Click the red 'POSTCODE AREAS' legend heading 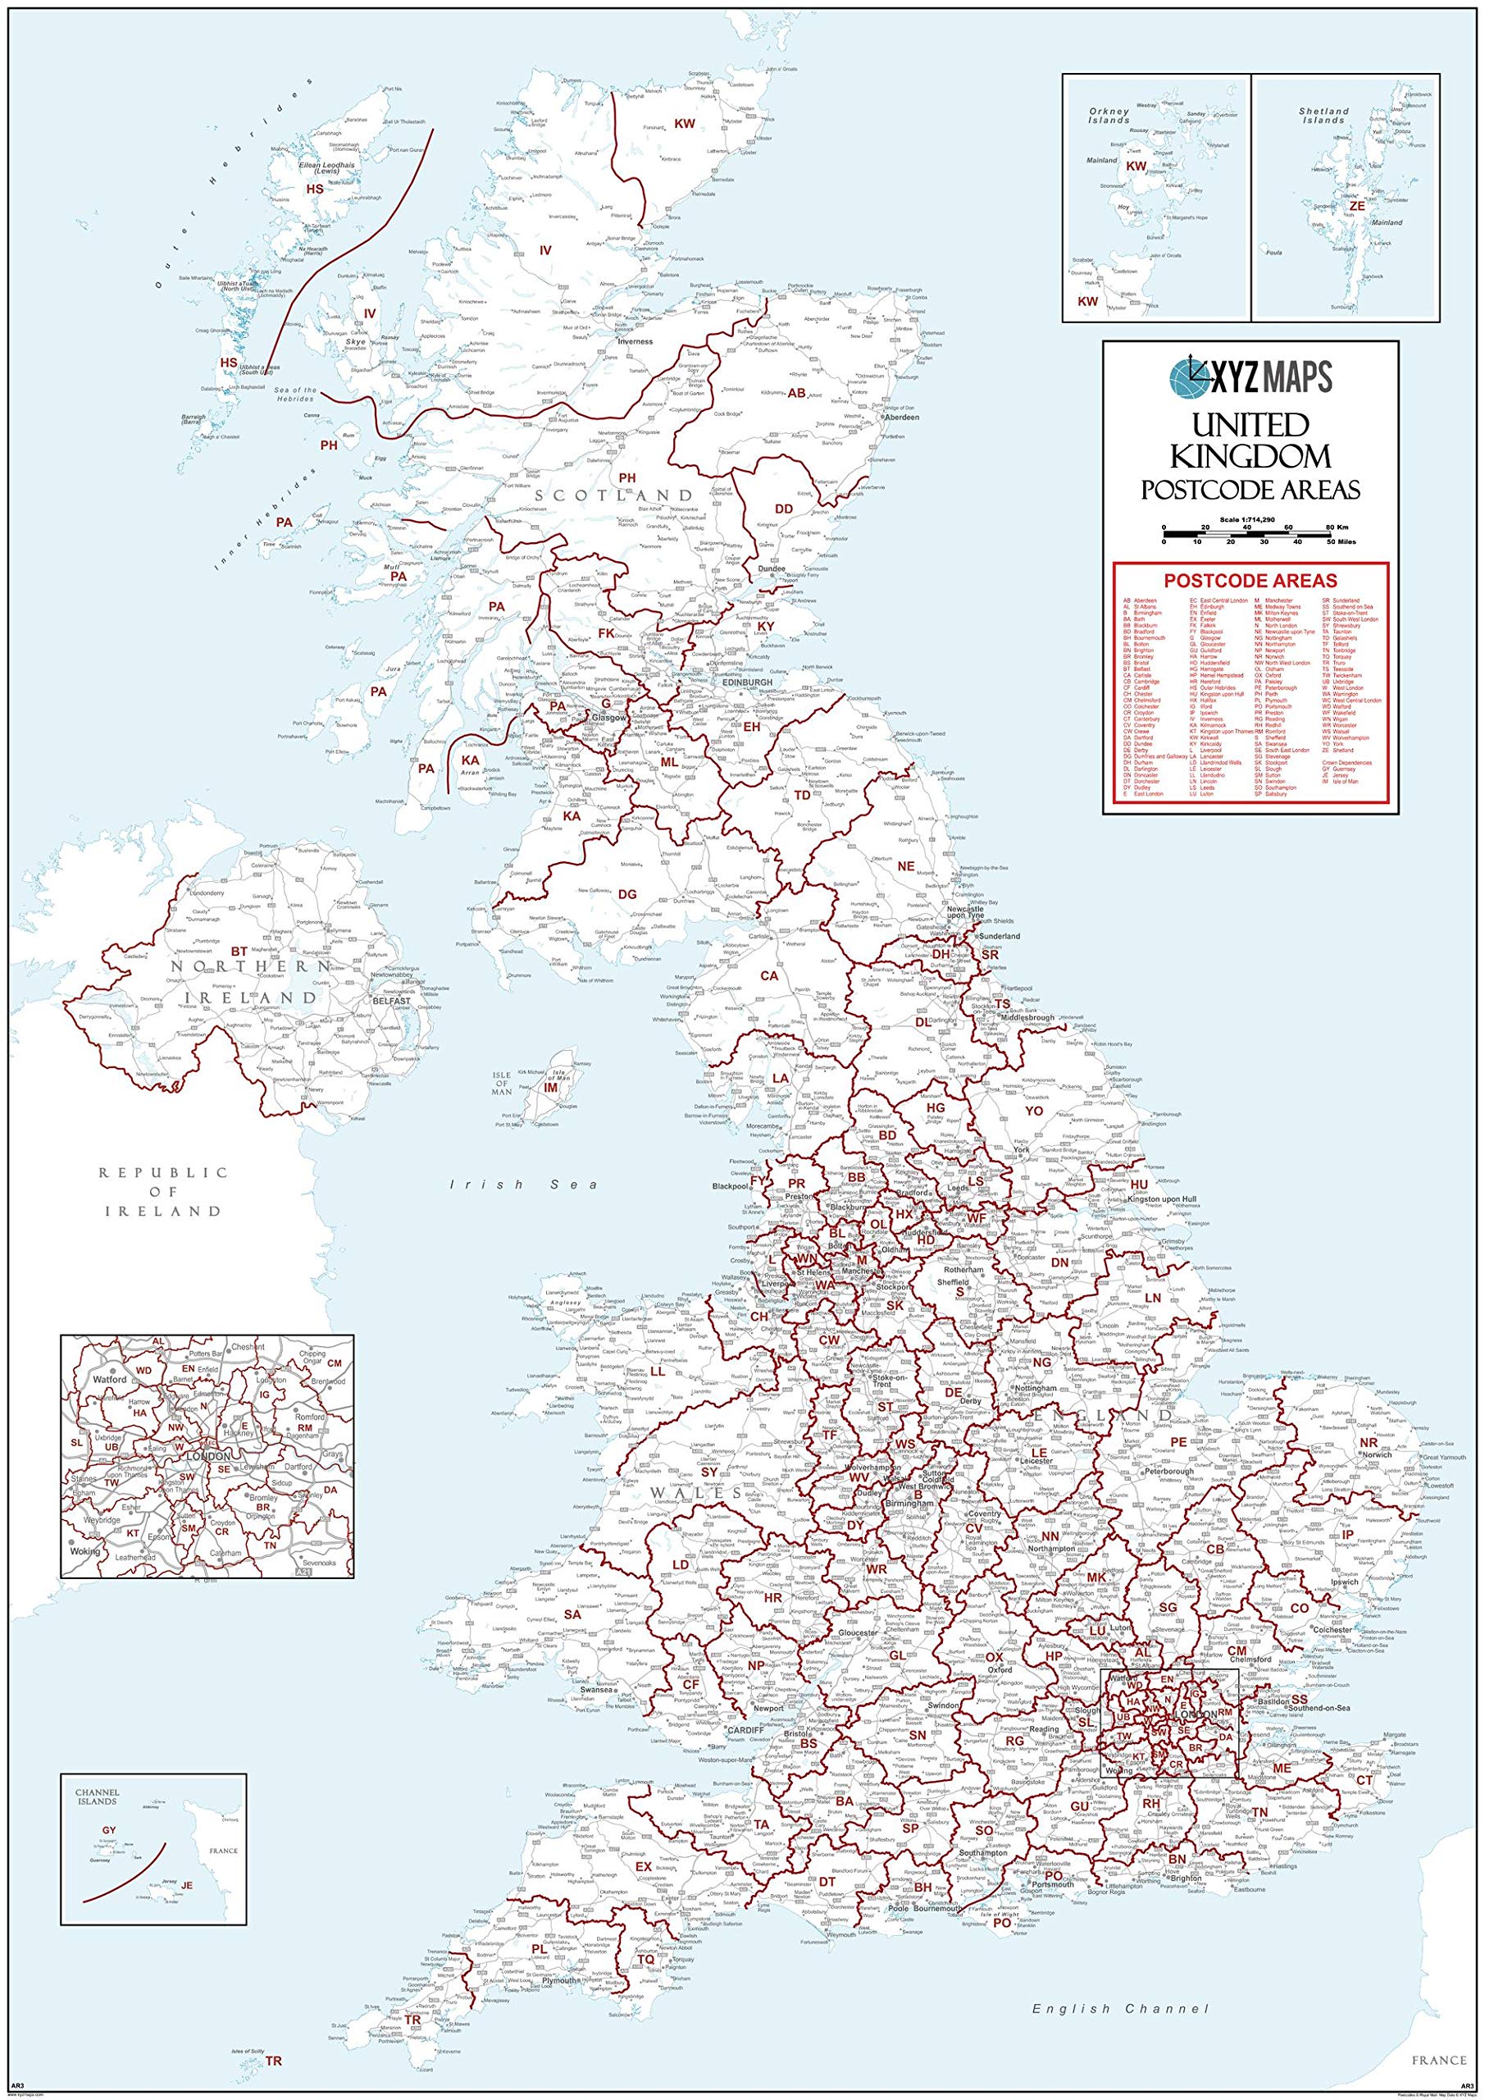[x=1249, y=580]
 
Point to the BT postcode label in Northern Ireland [x=239, y=952]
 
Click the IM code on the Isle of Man [x=550, y=1088]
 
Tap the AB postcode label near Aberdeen [x=796, y=393]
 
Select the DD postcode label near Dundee [x=785, y=509]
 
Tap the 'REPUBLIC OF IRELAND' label [x=162, y=1191]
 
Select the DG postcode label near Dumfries [x=627, y=893]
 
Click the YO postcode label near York [x=1033, y=1111]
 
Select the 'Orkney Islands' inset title [x=1110, y=115]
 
